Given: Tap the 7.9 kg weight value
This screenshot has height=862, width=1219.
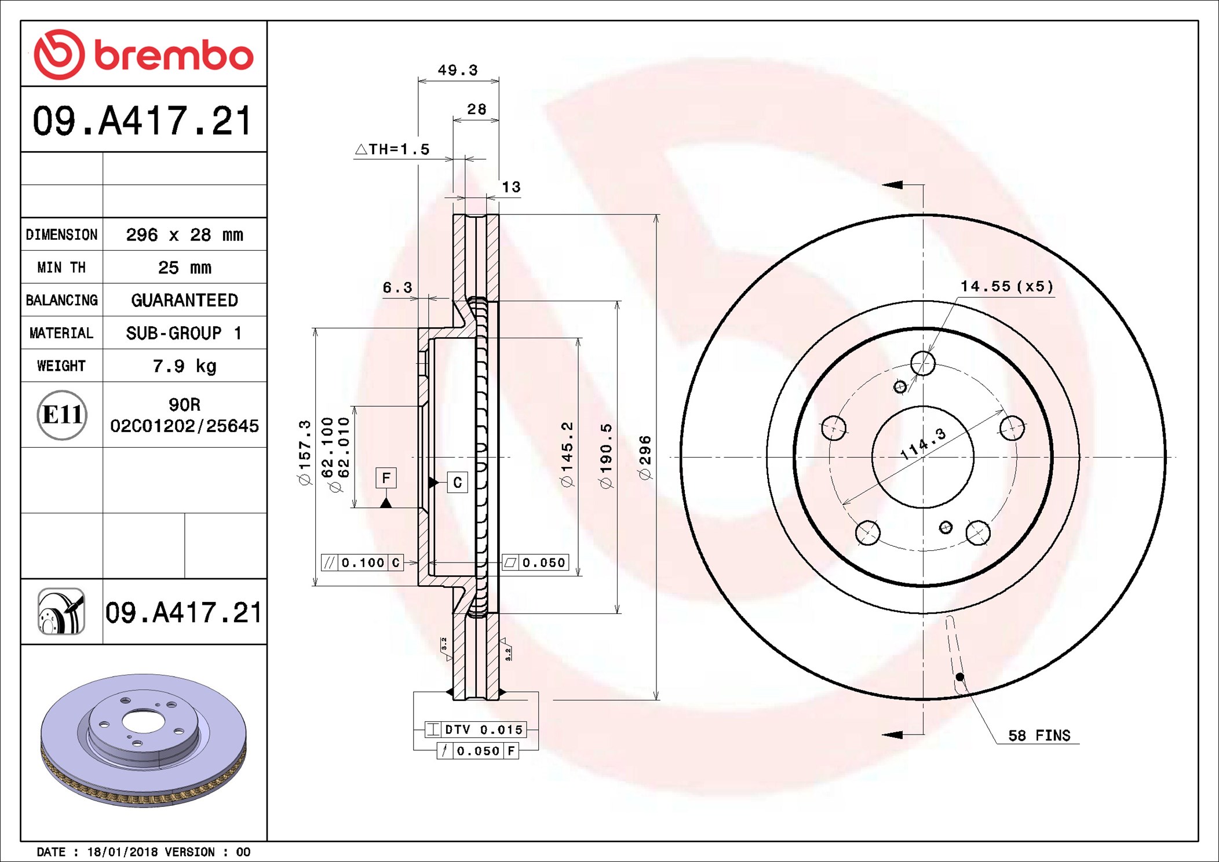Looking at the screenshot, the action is (185, 366).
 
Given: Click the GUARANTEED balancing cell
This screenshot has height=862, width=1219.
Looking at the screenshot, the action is (185, 300).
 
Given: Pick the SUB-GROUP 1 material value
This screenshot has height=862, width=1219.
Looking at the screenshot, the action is (184, 333).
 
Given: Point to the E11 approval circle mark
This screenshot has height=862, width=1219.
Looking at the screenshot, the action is (62, 415).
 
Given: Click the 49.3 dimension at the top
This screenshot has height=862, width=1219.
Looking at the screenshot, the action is (458, 70).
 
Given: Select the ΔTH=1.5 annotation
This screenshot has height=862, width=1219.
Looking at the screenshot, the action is (392, 149).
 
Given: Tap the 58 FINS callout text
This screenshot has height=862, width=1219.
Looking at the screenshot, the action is (1039, 736).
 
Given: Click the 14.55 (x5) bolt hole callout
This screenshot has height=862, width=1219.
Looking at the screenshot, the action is (1007, 286).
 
